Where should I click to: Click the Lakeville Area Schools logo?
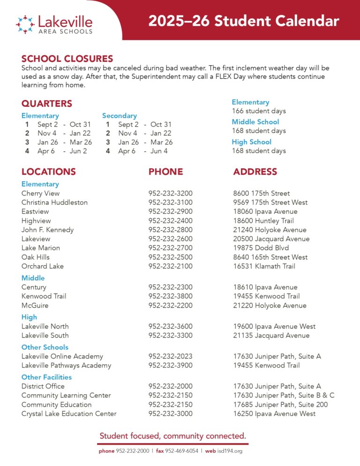tap(54, 24)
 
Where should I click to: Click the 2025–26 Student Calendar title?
tap(243, 21)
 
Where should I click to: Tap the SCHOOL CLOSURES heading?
tap(67, 59)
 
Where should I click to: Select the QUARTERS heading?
tap(47, 104)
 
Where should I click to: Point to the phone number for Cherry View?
tap(170, 193)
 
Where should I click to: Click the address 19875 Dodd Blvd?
tap(261, 248)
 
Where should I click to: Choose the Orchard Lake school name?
tap(42, 266)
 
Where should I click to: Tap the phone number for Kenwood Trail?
tap(170, 296)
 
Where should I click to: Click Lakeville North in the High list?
tap(45, 326)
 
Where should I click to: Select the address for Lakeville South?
tap(271, 335)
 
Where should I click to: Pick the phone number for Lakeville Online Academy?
tap(170, 356)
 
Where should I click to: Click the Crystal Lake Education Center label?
tap(69, 413)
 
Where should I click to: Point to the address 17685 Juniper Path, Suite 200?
tap(280, 405)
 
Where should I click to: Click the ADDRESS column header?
tap(255, 172)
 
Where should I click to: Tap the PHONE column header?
tap(165, 172)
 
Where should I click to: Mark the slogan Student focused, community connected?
tap(173, 436)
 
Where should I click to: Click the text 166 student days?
tap(259, 111)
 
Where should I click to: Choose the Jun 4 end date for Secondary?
tap(159, 151)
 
